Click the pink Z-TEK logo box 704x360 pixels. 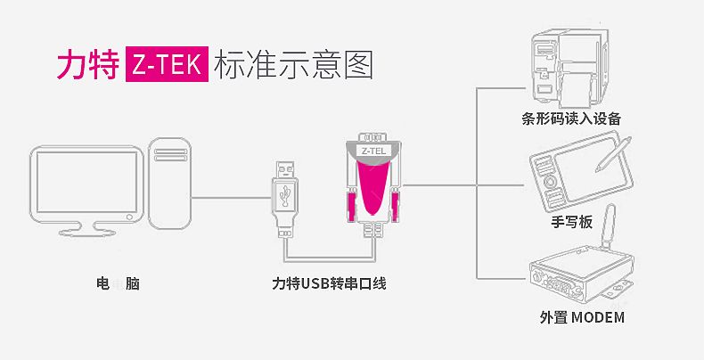pyautogui.click(x=167, y=64)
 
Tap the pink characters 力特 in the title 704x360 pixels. pyautogui.click(x=88, y=65)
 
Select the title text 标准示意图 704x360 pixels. pyautogui.click(x=294, y=65)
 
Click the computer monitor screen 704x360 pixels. pyautogui.click(x=86, y=182)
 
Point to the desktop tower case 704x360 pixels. pyautogui.click(x=169, y=184)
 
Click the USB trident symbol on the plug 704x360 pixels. pyautogui.click(x=284, y=194)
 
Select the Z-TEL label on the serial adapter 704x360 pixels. pyautogui.click(x=373, y=151)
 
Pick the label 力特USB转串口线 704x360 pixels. pyautogui.click(x=329, y=283)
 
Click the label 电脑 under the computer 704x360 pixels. pyautogui.click(x=118, y=283)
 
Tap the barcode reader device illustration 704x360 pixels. pyautogui.click(x=569, y=68)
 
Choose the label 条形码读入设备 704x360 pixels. pyautogui.click(x=571, y=119)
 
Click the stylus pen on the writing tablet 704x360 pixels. pyautogui.click(x=613, y=154)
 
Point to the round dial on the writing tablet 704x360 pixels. pyautogui.click(x=550, y=182)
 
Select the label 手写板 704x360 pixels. pyautogui.click(x=571, y=222)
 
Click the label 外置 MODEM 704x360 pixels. pyautogui.click(x=582, y=317)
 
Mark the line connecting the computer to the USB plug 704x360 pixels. pyautogui.click(x=232, y=197)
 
